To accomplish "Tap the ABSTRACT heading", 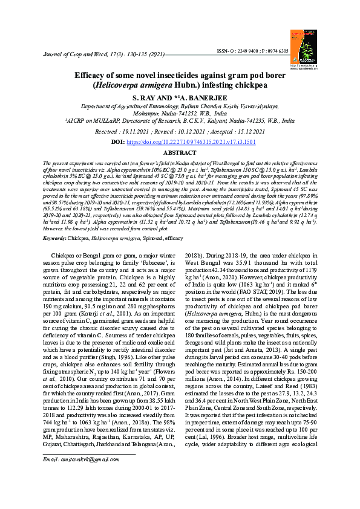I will [180, 154].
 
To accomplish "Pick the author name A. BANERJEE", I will [200, 97].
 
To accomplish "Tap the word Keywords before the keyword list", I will [54, 239].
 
